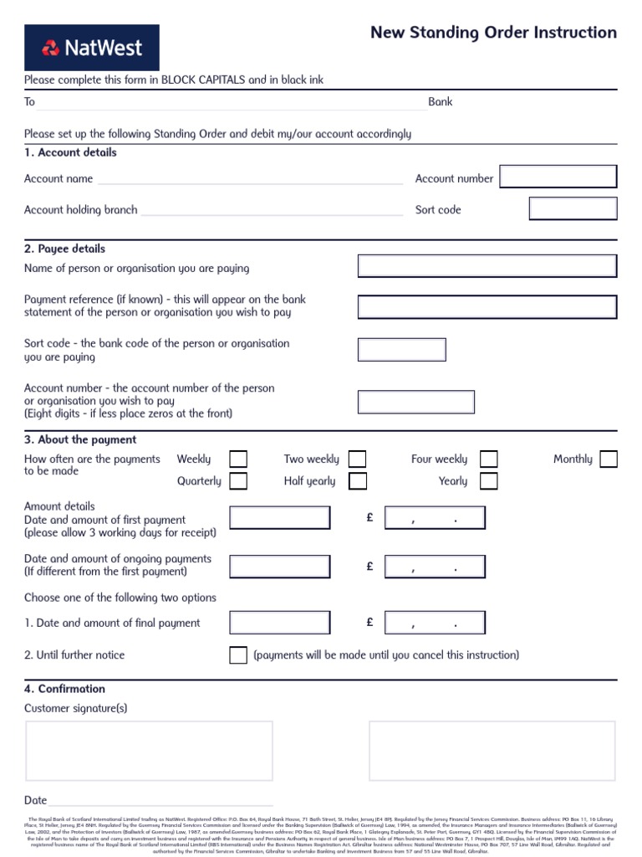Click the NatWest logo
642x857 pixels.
click(92, 48)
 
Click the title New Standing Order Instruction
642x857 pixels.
click(493, 33)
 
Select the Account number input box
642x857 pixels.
click(558, 177)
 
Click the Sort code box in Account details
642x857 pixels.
click(573, 208)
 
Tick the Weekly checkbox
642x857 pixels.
click(238, 459)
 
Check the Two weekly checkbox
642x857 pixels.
click(358, 459)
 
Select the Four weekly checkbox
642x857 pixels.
click(489, 459)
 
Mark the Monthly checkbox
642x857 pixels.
click(609, 459)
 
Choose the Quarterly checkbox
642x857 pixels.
click(238, 480)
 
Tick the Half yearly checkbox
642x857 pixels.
click(358, 480)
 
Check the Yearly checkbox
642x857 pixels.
click(489, 480)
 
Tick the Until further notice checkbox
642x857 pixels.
click(238, 654)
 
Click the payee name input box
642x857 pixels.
click(487, 266)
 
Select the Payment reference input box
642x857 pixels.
click(487, 306)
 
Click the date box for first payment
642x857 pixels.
click(280, 518)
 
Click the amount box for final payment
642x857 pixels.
click(435, 623)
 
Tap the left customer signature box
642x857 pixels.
click(149, 751)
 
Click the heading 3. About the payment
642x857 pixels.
click(80, 439)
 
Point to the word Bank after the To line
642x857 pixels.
click(441, 101)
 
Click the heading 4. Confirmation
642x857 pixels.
click(65, 689)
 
